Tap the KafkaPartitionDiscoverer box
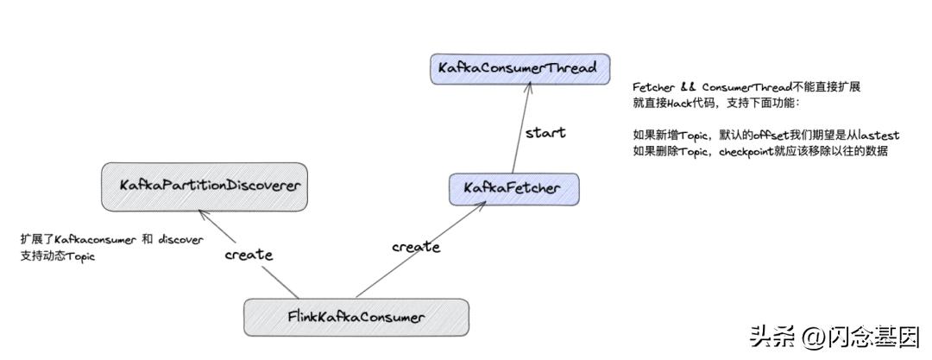(x=204, y=186)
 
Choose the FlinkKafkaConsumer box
(x=356, y=317)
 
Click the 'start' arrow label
(x=545, y=133)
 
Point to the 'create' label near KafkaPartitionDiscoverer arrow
(x=249, y=255)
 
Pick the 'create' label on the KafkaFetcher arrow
(x=415, y=247)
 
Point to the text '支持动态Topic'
(x=56, y=256)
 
